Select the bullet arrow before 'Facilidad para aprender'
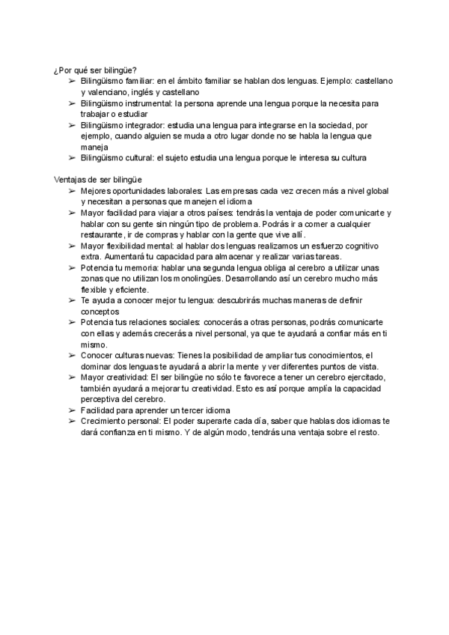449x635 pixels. tap(72, 410)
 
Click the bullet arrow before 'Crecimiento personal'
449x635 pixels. tap(72, 421)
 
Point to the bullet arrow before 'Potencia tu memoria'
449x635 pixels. tap(72, 268)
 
